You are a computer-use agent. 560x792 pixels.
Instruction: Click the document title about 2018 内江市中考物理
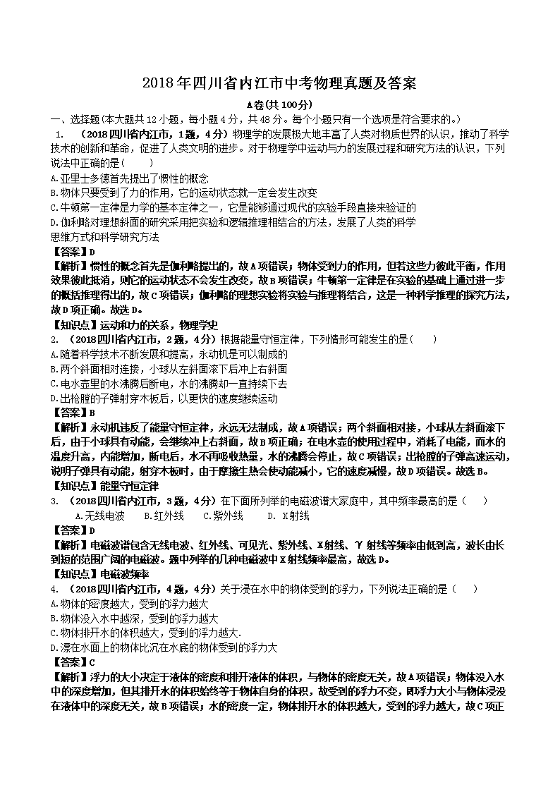click(279, 83)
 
